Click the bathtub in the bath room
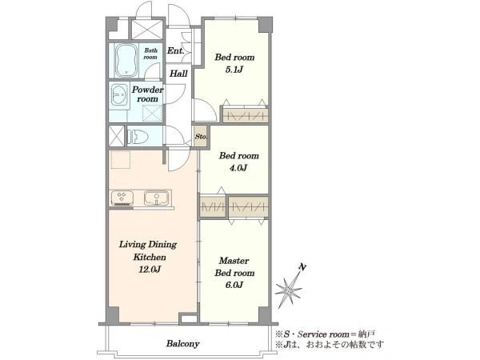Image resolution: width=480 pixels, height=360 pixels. (126, 61)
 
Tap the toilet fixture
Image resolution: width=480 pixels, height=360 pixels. (138, 136)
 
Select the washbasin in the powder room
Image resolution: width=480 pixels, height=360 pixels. (119, 94)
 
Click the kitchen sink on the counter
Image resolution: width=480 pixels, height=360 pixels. (156, 198)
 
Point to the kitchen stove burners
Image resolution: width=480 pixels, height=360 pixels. (122, 198)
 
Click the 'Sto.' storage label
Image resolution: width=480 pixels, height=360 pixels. (201, 137)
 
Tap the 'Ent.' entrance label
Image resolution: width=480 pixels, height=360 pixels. (176, 51)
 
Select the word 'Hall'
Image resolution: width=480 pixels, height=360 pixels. (178, 74)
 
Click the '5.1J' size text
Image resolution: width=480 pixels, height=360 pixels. (234, 70)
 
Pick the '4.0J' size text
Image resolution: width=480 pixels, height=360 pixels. (238, 168)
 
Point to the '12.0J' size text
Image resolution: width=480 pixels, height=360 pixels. (150, 270)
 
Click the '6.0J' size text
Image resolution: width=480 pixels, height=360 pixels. (234, 285)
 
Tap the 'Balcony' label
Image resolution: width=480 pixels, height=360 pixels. (182, 343)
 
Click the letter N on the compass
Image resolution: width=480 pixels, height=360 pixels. (302, 267)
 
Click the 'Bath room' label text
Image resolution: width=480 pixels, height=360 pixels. (150, 54)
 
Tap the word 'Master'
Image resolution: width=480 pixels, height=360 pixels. (234, 261)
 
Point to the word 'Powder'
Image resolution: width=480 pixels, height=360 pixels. (147, 90)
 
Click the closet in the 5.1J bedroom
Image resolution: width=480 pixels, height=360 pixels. (246, 115)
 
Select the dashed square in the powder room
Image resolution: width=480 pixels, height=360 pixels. (152, 114)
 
